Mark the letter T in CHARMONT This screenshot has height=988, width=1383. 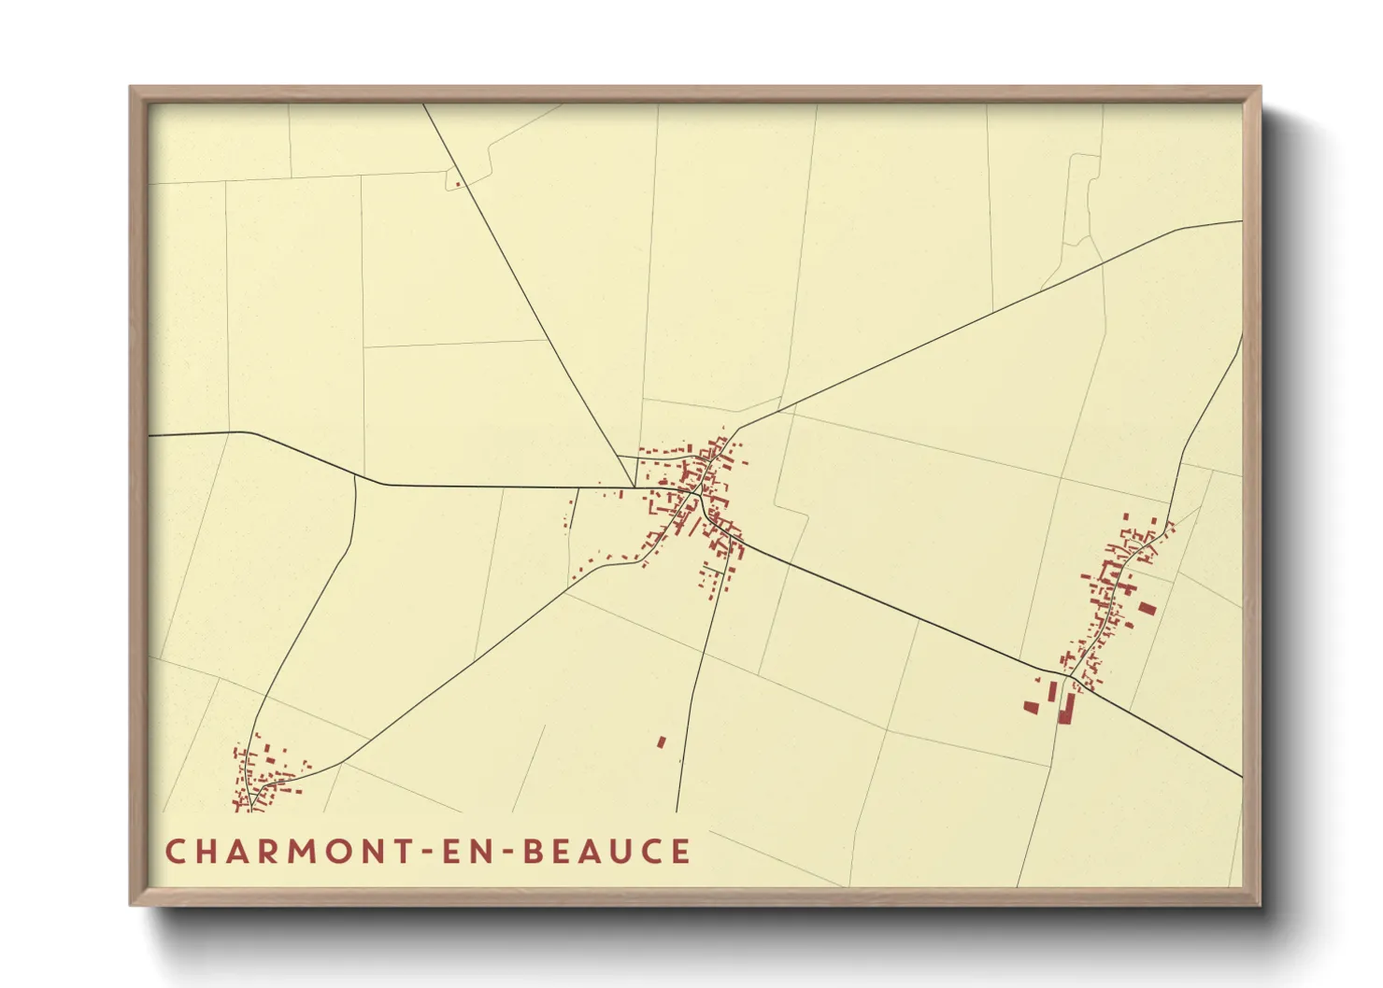tap(406, 852)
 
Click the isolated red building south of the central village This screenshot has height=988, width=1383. tap(662, 742)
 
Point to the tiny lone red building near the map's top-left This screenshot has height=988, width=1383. tap(457, 184)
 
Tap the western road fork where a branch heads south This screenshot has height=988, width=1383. tap(356, 477)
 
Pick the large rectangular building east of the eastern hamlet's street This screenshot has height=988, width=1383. tap(1147, 609)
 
